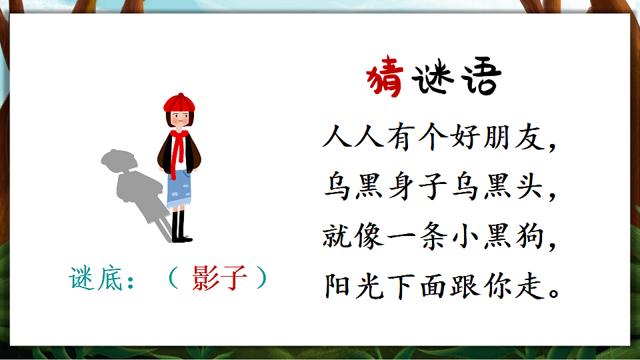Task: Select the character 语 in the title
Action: click(x=479, y=79)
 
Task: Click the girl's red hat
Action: click(x=178, y=103)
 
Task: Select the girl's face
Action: click(x=178, y=119)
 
